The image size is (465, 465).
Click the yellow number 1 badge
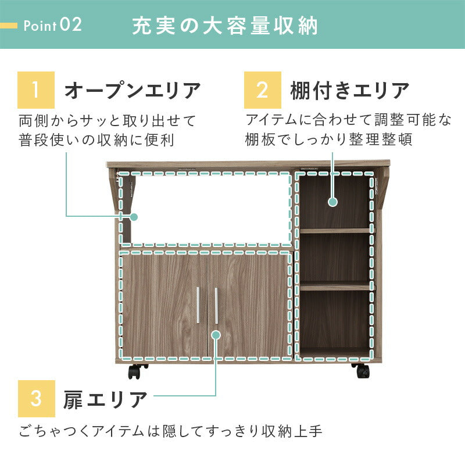point(36,90)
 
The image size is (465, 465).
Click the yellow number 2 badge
point(262,90)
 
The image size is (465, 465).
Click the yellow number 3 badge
point(36,399)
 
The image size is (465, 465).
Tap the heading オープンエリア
point(133,91)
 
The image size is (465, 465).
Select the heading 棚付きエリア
point(350,91)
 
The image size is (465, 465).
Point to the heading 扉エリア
point(105,399)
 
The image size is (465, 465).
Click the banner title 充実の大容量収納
point(225,26)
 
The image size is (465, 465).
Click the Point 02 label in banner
point(53,26)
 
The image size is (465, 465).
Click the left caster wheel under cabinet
point(135,370)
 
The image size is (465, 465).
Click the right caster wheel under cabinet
point(360,370)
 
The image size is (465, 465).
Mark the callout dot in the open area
point(134,217)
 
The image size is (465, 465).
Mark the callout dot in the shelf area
point(332,202)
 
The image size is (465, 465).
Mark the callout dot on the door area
point(216,335)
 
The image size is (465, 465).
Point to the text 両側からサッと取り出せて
point(108,121)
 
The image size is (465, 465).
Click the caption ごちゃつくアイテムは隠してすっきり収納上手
point(171,431)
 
